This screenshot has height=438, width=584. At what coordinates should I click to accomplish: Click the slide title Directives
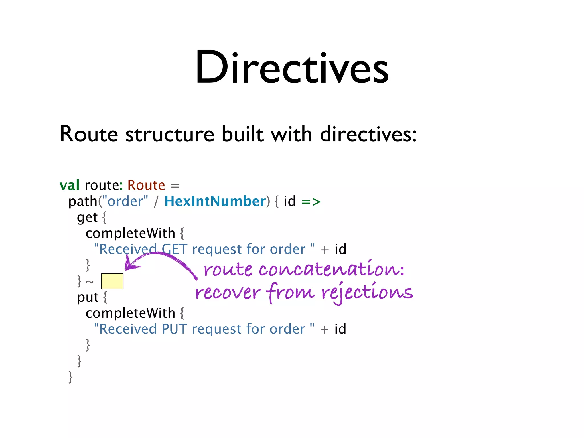coord(292,68)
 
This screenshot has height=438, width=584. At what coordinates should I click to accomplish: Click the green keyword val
coord(69,185)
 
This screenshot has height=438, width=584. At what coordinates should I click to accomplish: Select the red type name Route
coord(146,185)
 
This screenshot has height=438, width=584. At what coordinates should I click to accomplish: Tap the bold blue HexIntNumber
coord(215,201)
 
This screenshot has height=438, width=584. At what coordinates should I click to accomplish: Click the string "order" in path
coord(125,201)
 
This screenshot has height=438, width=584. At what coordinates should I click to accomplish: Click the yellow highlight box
coord(112,281)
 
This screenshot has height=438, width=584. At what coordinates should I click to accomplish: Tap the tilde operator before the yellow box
coord(90,282)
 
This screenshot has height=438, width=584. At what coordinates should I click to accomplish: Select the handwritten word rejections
coord(367,293)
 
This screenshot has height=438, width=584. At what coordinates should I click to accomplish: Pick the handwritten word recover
coord(228,293)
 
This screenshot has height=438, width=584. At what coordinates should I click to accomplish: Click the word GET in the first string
coord(174,249)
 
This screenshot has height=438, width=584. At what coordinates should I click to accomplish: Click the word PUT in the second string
coord(174,329)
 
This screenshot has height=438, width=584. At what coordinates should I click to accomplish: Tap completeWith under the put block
coord(130,313)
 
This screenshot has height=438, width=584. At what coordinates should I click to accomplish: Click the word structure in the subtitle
coord(170,134)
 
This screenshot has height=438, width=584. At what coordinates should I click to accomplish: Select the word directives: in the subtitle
coord(368,134)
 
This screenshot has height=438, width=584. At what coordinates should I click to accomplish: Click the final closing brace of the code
coord(70,377)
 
